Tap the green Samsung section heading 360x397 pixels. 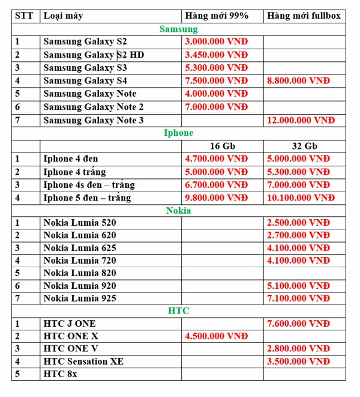coord(178,28)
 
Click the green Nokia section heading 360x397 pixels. coord(178,210)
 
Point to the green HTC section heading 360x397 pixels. coord(178,311)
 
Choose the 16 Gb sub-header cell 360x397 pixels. coord(223,146)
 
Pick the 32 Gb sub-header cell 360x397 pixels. coord(304,146)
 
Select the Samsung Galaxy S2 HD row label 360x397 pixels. coord(94,55)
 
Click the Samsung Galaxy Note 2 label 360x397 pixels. coord(94,107)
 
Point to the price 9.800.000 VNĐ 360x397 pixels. coord(216,198)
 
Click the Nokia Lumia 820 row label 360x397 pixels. coord(80,273)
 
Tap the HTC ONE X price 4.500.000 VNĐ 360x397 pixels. coord(216,336)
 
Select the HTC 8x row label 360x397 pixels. coord(60,374)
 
